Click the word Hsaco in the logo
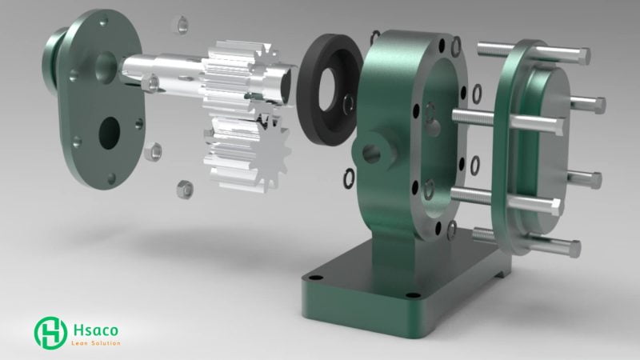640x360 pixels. coord(96,330)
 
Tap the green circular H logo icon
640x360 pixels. coord(50,333)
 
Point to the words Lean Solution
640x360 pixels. coord(96,343)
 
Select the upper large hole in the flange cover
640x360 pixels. coord(106,67)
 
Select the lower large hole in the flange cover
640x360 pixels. coord(110,134)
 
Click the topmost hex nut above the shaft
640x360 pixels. coord(182,25)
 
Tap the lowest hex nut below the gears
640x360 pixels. coord(185,190)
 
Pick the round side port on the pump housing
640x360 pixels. coord(372,154)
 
